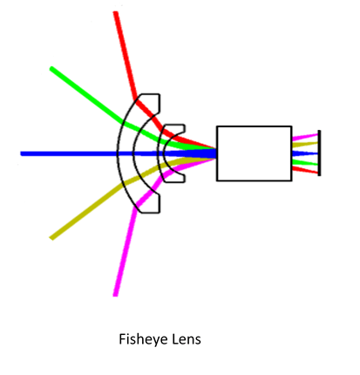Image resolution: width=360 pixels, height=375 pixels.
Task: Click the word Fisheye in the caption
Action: pos(143,339)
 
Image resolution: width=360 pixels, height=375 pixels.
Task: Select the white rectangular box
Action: pos(255,153)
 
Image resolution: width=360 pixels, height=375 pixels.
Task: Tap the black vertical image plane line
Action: pos(319,153)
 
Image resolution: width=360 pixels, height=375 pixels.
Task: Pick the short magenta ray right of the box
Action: pos(305,137)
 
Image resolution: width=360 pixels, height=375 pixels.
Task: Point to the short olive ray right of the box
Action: pos(305,144)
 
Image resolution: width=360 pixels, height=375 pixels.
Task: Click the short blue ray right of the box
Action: pos(305,153)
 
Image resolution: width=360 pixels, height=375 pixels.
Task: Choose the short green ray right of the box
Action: pos(305,162)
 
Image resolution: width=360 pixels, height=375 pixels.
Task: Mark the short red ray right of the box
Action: pos(305,170)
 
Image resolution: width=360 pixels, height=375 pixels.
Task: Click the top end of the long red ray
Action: pos(116,12)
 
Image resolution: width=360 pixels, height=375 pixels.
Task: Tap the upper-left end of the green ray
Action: pos(51,69)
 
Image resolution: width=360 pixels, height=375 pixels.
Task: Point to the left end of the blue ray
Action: pos(22,153)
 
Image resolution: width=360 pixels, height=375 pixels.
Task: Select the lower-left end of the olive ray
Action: pos(51,238)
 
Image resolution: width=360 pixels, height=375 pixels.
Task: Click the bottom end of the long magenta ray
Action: pos(115,296)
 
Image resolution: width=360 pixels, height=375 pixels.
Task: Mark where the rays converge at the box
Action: pos(215,153)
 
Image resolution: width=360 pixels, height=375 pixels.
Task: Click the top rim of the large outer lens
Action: pos(150,94)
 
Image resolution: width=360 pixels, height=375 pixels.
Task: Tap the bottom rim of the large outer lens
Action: pos(150,213)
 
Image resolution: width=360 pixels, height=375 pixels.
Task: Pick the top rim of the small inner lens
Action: pos(174,125)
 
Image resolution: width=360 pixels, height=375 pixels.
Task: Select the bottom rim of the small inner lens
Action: pos(174,182)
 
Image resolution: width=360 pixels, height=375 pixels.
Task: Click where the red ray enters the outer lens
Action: pos(135,101)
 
